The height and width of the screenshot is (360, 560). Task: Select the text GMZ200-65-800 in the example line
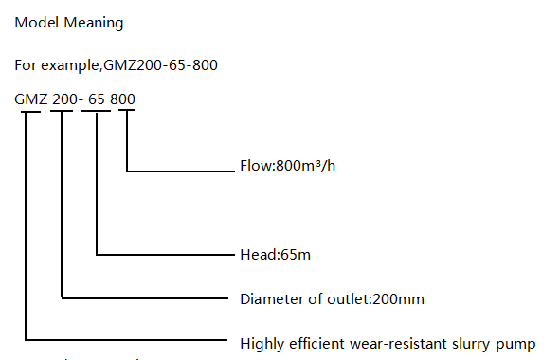tap(162, 65)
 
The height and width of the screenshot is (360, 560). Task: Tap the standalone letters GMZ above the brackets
tap(31, 98)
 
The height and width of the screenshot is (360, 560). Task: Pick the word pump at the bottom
tap(519, 343)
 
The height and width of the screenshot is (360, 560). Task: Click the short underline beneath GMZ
tap(31, 113)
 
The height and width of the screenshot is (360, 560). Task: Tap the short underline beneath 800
tap(126, 113)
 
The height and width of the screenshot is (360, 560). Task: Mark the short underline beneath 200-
tap(62, 113)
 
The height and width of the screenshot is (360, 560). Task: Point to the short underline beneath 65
tap(96, 113)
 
